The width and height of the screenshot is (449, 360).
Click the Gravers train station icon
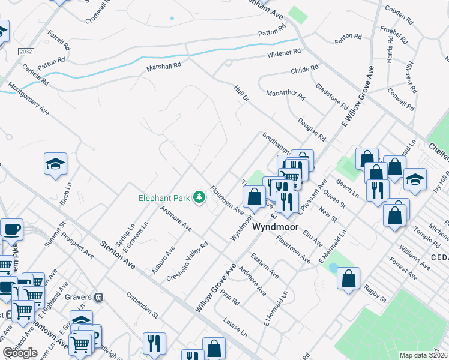tap(100, 296)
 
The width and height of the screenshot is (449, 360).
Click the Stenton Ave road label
tap(117, 255)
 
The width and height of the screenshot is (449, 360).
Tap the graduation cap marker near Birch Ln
tap(55, 163)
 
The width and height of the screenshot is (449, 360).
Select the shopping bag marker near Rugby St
tap(348, 278)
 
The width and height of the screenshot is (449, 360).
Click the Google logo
tap(20, 352)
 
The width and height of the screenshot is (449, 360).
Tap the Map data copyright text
tap(423, 355)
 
